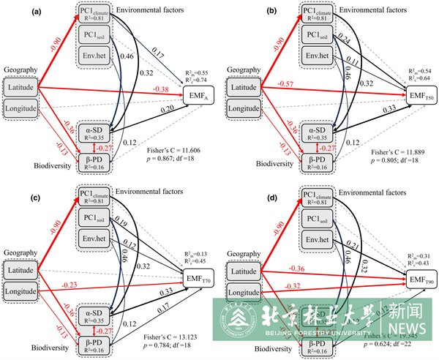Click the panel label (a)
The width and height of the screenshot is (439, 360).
[11, 10]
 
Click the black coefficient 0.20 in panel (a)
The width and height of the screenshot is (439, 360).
[167, 109]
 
